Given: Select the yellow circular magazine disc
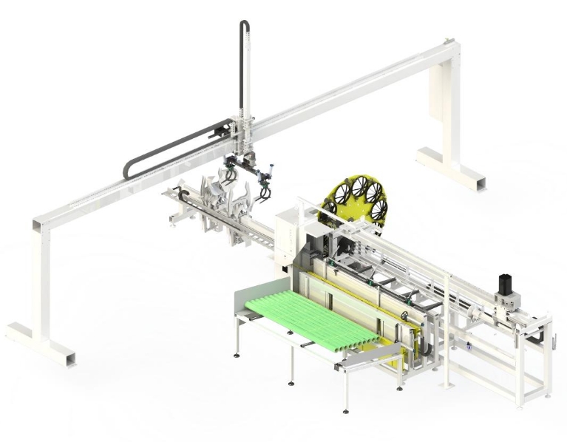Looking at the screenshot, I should coord(359,197).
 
